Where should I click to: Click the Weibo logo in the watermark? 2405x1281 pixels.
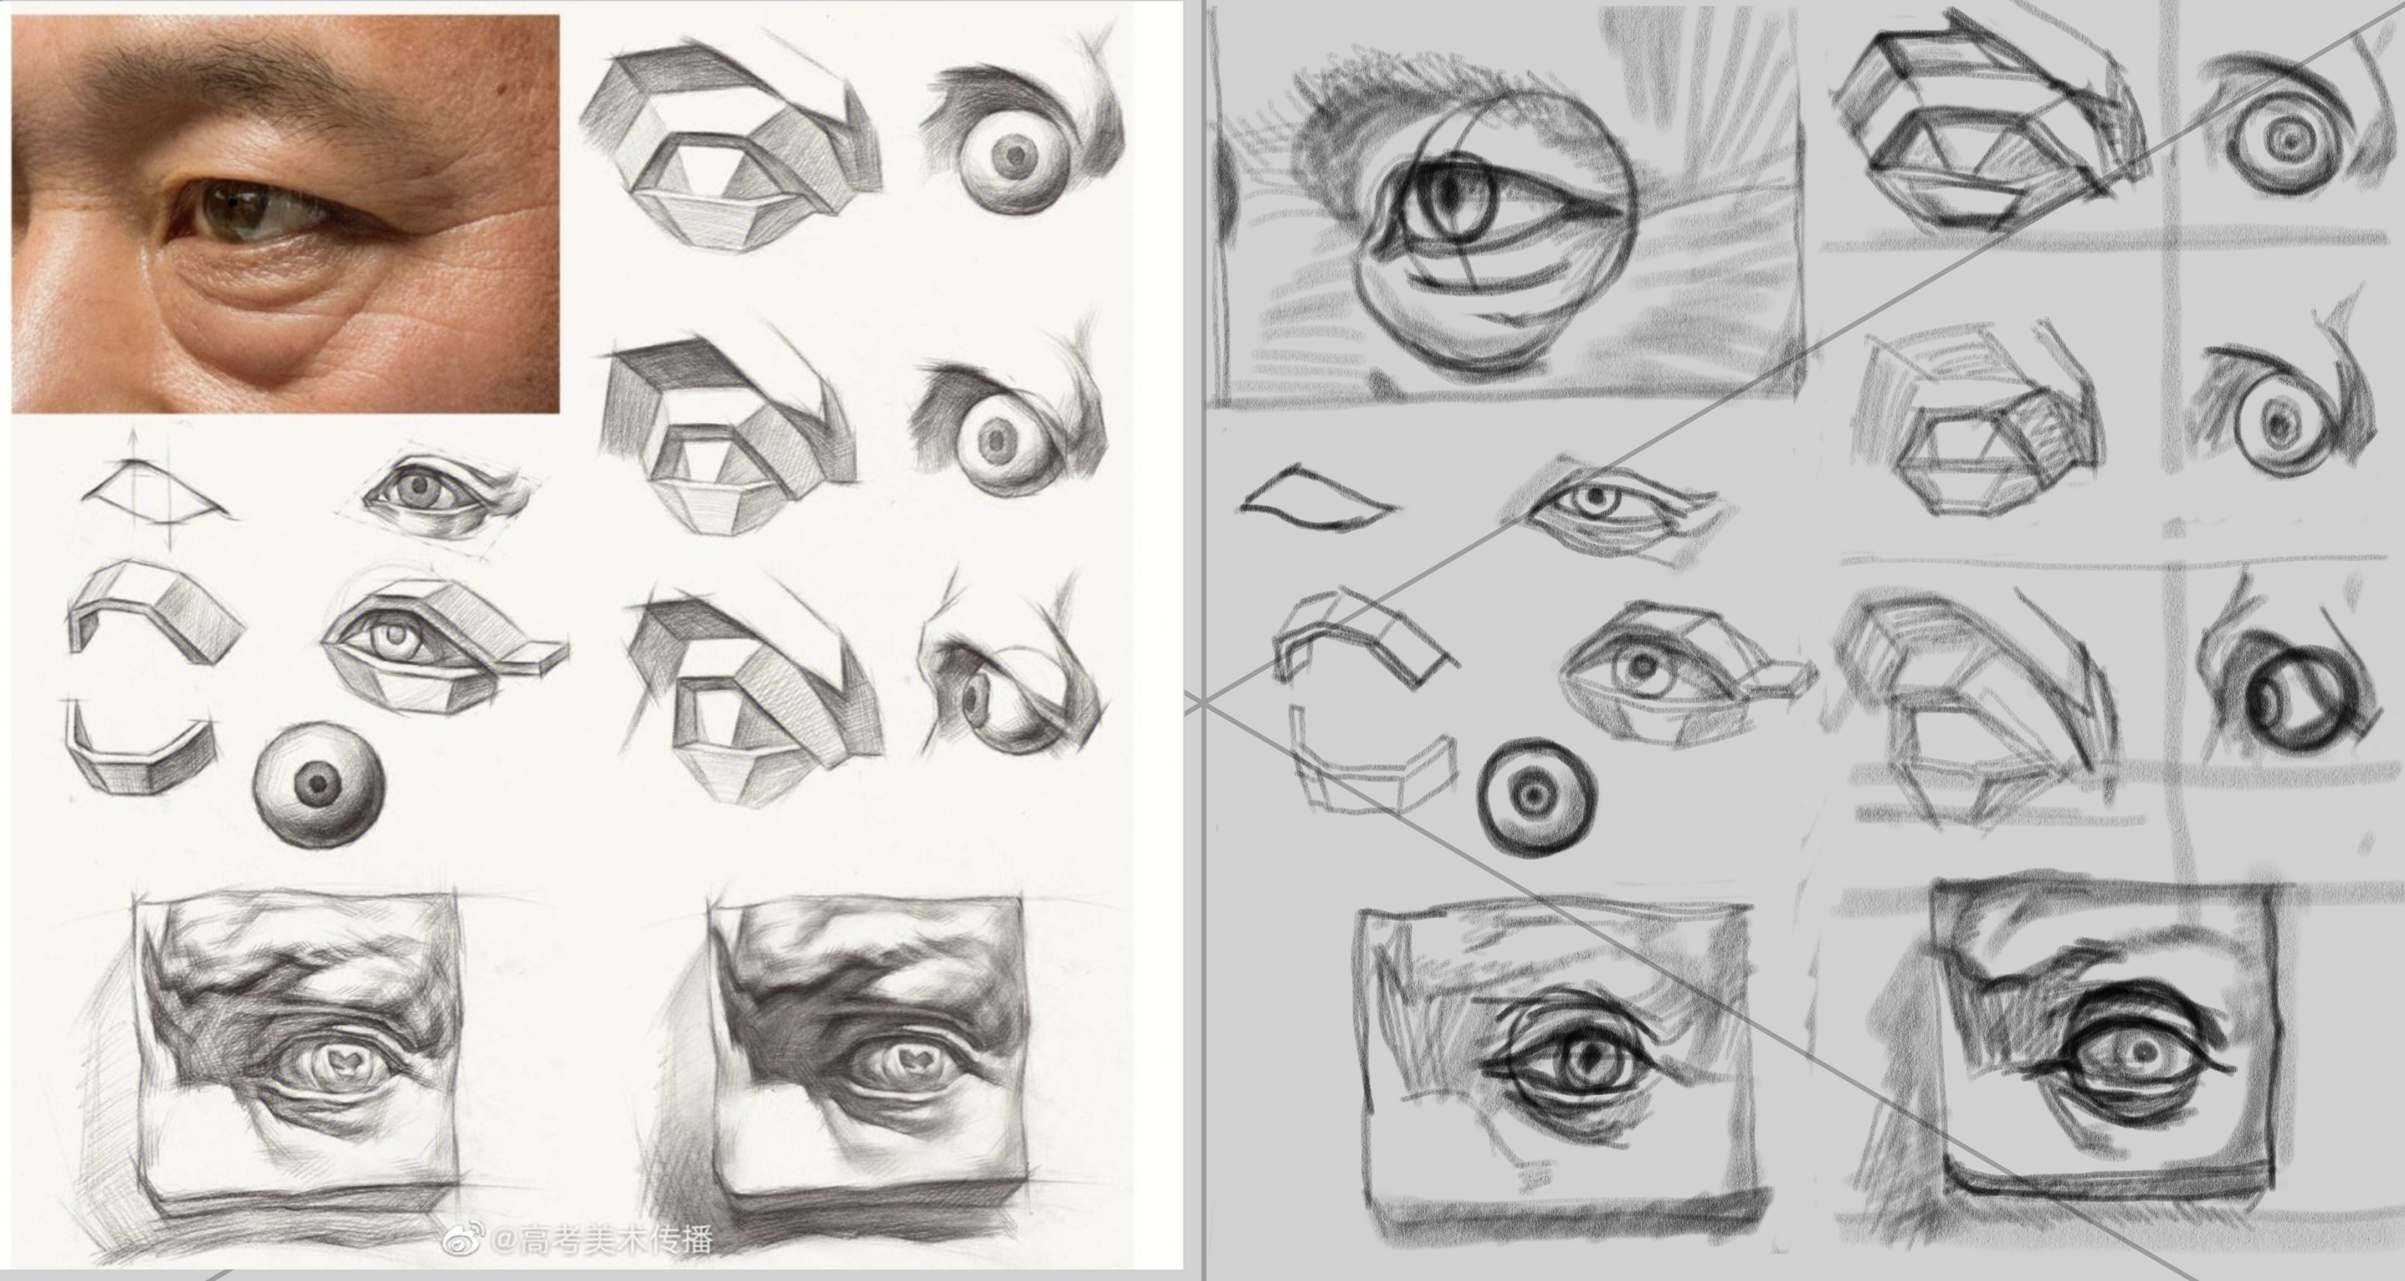[x=463, y=1239]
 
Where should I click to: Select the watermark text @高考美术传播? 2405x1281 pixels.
[x=602, y=1240]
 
